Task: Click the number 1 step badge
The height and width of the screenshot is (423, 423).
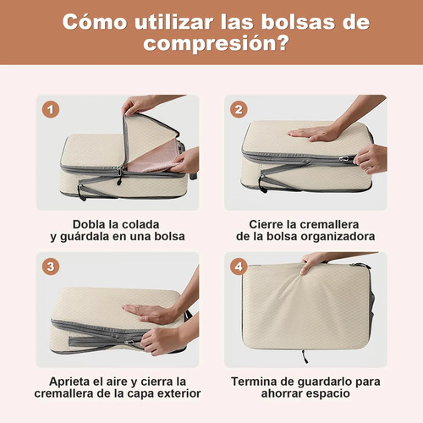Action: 51,109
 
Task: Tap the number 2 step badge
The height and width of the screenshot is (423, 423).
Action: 239,109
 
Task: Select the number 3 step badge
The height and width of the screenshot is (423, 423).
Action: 51,266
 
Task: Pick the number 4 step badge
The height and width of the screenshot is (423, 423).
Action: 239,266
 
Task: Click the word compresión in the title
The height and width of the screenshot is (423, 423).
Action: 217,44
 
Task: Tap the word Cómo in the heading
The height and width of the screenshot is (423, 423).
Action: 95,22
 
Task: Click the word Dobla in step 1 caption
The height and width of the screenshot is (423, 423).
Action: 89,224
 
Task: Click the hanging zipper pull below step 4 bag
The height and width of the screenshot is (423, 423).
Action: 305,357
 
